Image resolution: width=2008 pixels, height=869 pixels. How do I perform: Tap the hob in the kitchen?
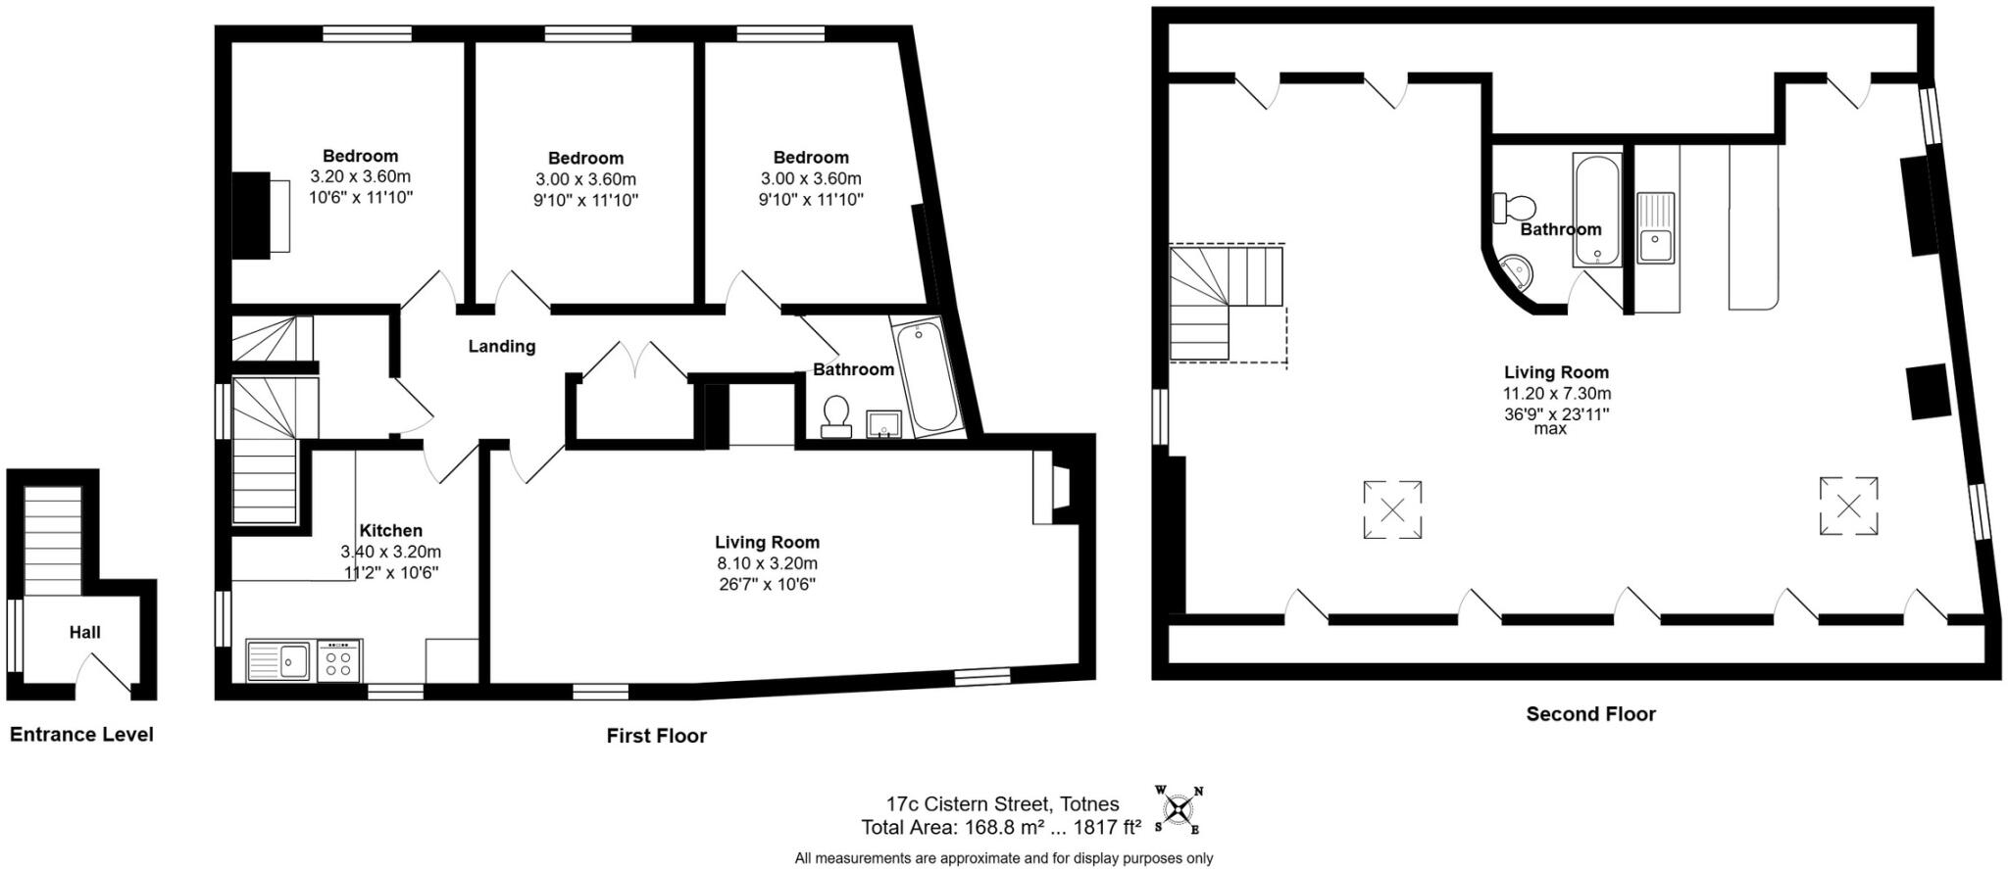339,661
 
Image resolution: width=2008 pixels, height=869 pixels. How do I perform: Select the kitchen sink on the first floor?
279,661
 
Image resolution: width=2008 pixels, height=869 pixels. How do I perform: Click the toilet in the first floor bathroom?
835,415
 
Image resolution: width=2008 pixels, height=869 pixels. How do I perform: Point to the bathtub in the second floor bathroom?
1597,210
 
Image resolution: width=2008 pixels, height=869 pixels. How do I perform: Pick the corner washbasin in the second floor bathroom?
1515,271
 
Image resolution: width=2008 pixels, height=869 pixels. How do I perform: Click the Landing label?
501,346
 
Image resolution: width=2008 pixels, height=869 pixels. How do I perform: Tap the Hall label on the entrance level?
84,633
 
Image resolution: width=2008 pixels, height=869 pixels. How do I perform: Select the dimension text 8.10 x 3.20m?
766,563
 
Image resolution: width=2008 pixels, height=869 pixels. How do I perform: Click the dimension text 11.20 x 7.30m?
1556,393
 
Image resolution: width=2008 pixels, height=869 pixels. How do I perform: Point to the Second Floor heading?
1590,714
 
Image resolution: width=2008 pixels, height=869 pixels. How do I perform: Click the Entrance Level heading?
81,735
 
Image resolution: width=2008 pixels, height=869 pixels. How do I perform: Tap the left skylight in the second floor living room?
1392,509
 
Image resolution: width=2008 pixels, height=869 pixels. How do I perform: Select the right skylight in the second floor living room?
1848,506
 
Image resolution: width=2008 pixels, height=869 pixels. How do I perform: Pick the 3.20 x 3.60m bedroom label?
360,176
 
